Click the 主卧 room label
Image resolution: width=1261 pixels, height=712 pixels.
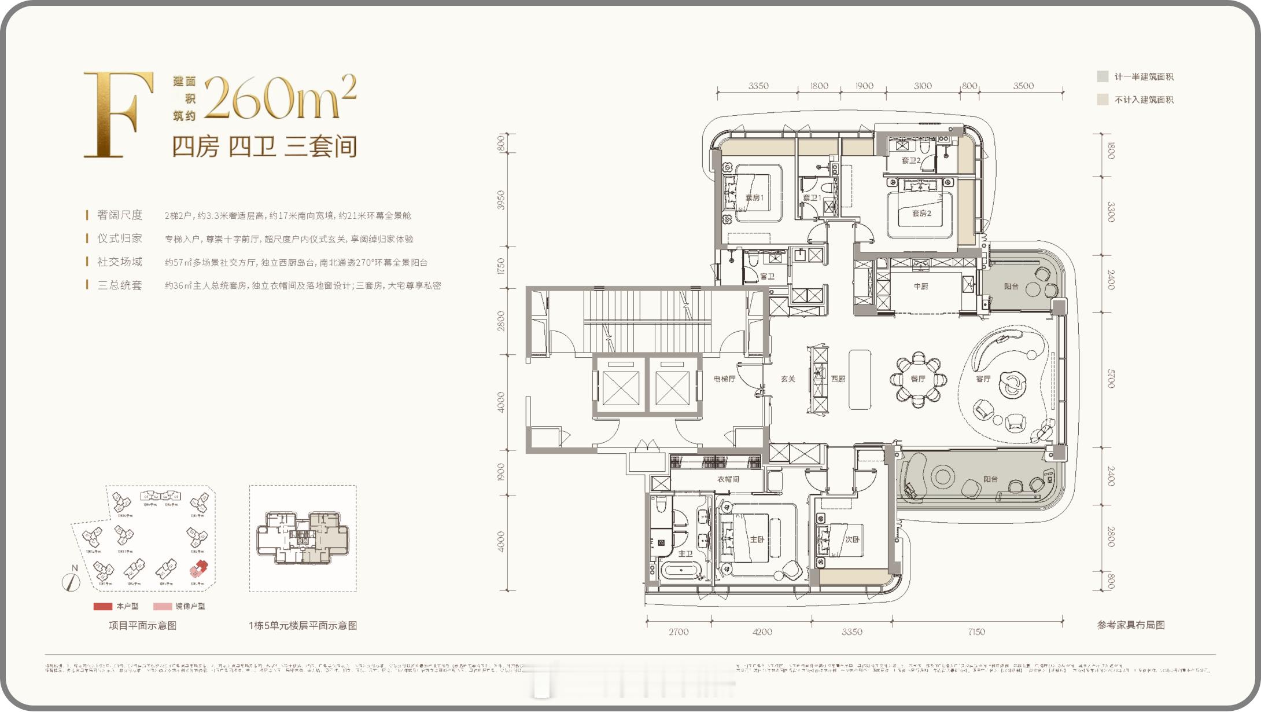[757, 539]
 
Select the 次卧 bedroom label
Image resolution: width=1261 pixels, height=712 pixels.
[852, 539]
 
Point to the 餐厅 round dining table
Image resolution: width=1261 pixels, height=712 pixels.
[918, 379]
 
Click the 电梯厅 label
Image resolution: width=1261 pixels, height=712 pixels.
[724, 379]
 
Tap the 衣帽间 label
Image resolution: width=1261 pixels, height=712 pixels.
[728, 479]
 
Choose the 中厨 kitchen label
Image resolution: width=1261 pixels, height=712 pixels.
[920, 286]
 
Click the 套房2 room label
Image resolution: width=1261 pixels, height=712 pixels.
[921, 213]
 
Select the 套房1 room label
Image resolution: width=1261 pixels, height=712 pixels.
[754, 197]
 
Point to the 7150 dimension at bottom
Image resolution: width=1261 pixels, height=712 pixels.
[976, 632]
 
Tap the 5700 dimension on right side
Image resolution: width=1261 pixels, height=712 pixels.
[1110, 379]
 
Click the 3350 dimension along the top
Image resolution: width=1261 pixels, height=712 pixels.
[758, 86]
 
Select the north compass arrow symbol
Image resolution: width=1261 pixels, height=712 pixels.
[71, 580]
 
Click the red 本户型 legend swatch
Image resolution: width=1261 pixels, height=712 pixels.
[103, 606]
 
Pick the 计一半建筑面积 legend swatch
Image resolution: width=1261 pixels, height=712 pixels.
[1103, 76]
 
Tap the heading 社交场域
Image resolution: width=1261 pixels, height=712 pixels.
[119, 262]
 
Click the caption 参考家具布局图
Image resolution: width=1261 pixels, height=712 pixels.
[1130, 625]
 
